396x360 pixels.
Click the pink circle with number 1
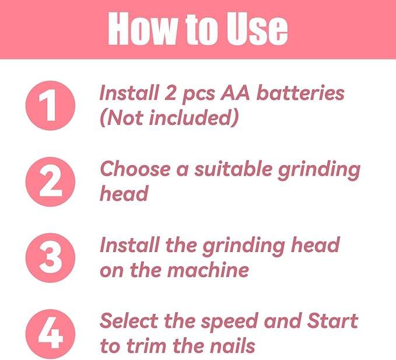(x=50, y=106)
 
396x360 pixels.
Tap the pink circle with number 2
(x=50, y=181)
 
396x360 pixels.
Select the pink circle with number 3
(x=50, y=258)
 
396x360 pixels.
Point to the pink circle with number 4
(x=50, y=334)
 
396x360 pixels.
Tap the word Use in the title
(x=257, y=28)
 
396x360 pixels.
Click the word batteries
(x=300, y=93)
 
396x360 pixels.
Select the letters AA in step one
(x=235, y=93)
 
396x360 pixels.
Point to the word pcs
(x=198, y=95)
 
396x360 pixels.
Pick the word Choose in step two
(x=135, y=169)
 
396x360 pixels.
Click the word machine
(x=208, y=270)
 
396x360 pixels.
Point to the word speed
(x=230, y=323)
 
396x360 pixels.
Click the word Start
(x=332, y=320)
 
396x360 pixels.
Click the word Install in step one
(x=129, y=93)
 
